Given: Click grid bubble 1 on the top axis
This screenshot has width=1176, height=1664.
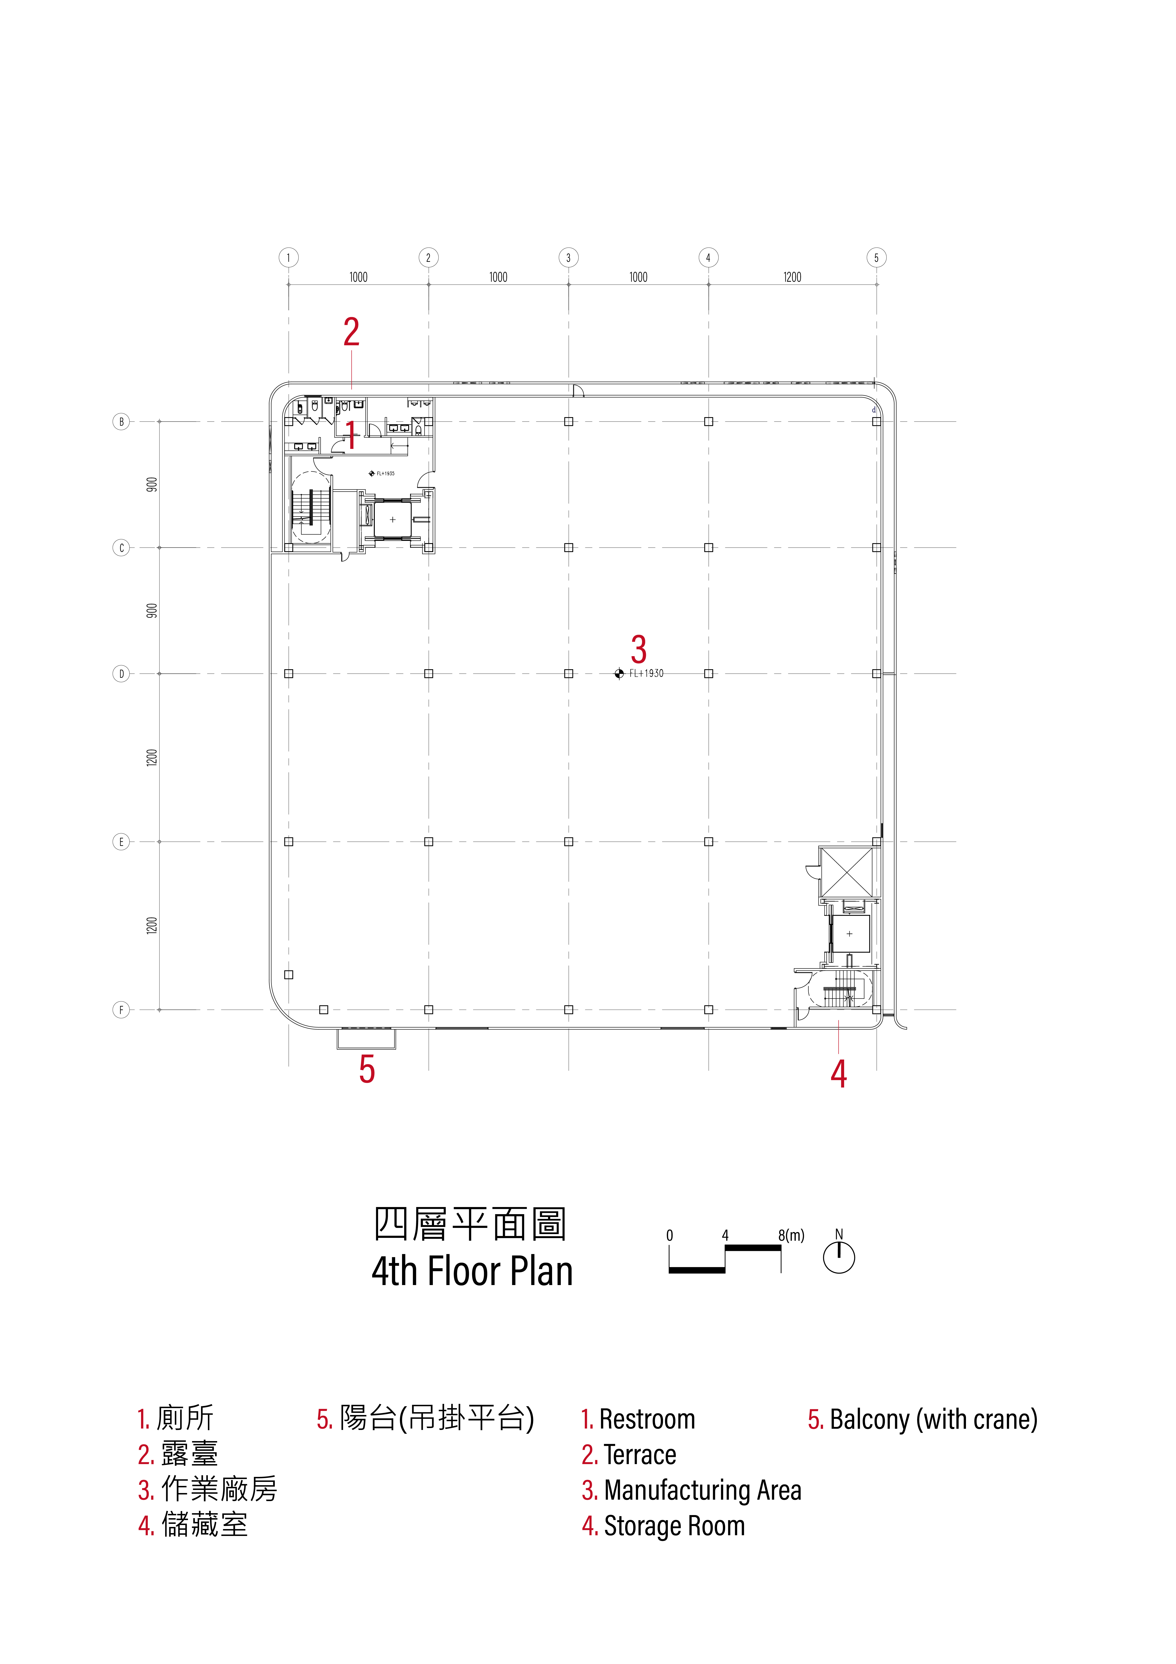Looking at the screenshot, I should (288, 257).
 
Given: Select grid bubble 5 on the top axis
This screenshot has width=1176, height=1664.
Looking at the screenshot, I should (876, 257).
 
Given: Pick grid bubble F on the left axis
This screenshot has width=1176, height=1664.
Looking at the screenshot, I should (121, 1009).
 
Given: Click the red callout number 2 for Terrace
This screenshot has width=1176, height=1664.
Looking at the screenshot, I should (351, 332).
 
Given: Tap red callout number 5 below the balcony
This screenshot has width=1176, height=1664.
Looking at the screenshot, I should (367, 1069).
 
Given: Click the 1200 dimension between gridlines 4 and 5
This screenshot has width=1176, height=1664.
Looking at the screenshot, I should (792, 277).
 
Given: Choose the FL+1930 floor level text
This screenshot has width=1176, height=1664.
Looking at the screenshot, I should (646, 673).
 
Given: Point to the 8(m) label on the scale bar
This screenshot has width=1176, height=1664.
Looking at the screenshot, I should (791, 1235).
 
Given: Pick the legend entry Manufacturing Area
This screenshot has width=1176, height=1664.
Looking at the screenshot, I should (702, 1491).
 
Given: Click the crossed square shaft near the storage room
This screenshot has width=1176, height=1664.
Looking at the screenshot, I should (846, 872).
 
